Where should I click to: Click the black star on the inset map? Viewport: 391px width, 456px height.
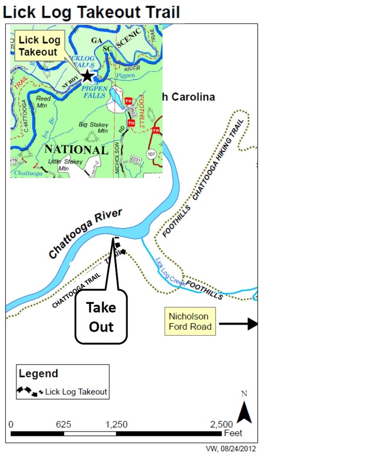click(x=87, y=75)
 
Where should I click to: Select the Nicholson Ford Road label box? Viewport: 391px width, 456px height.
click(x=190, y=321)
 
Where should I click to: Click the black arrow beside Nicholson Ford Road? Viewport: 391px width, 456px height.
click(x=238, y=323)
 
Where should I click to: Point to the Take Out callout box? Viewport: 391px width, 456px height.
click(x=101, y=317)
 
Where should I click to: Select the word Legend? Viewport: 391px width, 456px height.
click(x=38, y=374)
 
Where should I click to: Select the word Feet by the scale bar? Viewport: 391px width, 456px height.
click(x=233, y=433)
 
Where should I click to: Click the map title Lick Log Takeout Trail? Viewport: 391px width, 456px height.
click(x=91, y=12)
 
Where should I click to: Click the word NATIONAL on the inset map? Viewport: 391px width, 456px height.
click(x=76, y=149)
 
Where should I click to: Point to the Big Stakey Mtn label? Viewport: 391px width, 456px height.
click(x=93, y=128)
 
